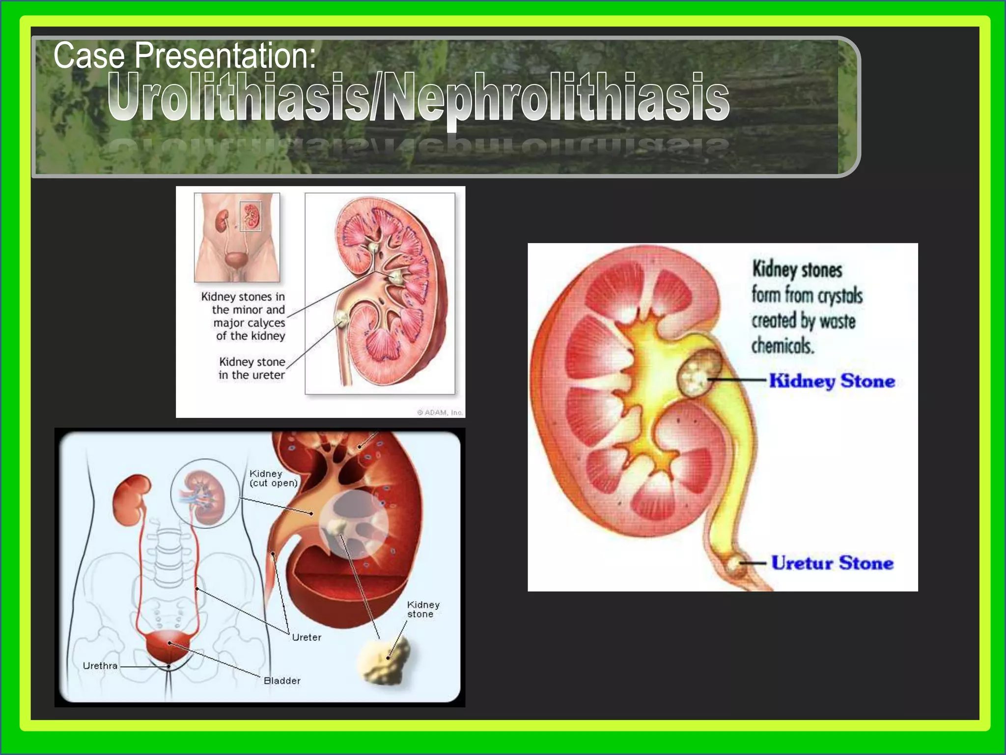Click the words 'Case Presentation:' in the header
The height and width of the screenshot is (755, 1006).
point(185,56)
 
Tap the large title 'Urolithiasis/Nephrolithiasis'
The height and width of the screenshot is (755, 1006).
point(418,97)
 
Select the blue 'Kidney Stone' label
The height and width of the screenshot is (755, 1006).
point(832,381)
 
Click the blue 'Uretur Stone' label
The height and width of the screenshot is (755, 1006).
point(832,563)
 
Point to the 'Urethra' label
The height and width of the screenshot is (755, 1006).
point(100,666)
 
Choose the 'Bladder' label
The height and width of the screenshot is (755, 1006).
point(282,681)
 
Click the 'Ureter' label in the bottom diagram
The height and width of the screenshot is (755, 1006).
point(307,638)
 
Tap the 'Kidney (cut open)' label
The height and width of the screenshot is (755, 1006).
point(273,478)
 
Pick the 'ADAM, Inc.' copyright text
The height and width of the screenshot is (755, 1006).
point(440,412)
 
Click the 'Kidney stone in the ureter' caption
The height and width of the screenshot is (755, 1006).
point(251,368)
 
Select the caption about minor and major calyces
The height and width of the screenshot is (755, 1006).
point(244,316)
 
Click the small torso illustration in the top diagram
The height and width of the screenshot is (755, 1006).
point(237,237)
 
